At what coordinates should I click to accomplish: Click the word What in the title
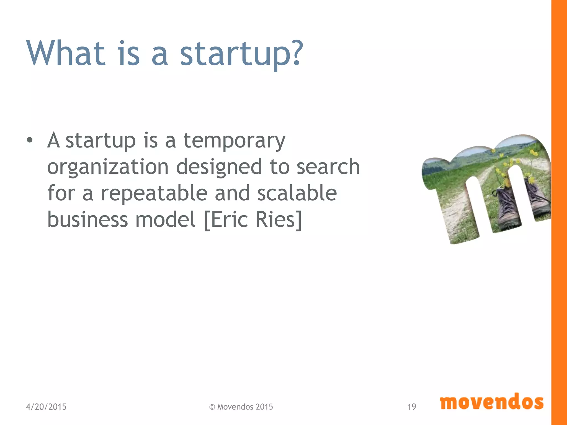[66, 53]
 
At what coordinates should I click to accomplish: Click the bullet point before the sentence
[30, 140]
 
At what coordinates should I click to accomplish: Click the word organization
[108, 168]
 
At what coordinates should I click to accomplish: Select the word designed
[219, 168]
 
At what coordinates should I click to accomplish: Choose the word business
[87, 219]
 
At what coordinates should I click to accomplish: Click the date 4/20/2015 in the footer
[46, 407]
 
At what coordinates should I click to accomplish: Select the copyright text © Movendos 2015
[241, 407]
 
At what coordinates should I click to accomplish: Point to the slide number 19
[412, 407]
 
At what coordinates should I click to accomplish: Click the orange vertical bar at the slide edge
[559, 212]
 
